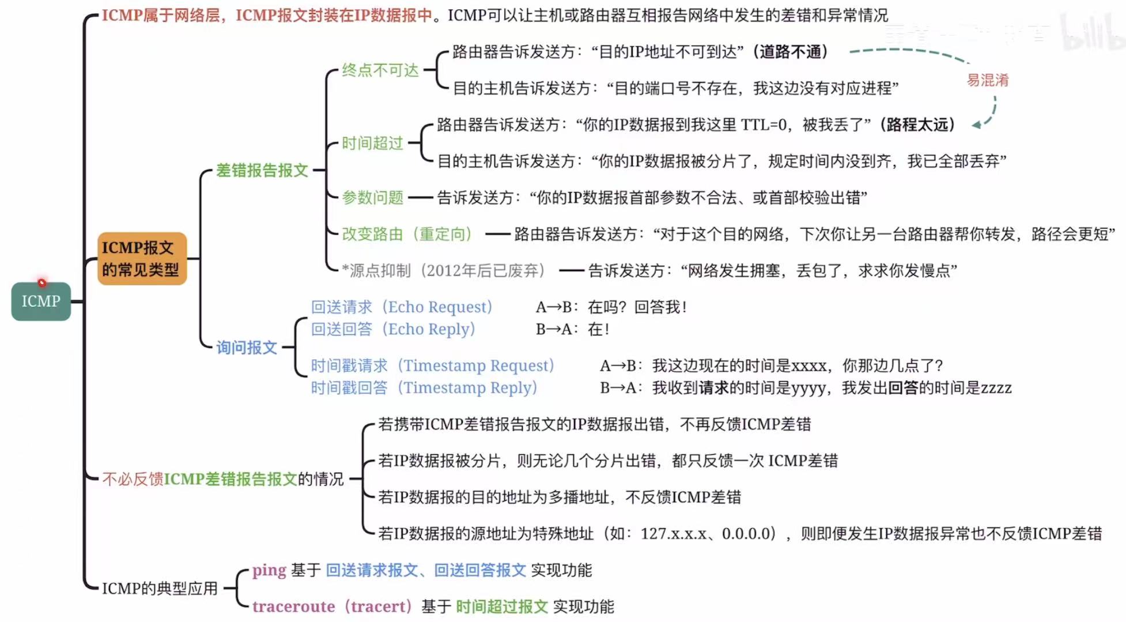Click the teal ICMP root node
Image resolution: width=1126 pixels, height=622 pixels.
click(41, 301)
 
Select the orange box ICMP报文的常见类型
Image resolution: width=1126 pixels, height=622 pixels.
click(142, 259)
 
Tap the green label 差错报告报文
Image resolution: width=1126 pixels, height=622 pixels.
click(262, 171)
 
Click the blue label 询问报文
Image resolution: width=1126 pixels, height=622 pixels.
click(247, 348)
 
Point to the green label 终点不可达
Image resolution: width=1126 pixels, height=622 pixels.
click(380, 70)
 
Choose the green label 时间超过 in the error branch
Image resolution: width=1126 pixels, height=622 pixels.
click(372, 143)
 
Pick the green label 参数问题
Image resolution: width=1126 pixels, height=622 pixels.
click(372, 198)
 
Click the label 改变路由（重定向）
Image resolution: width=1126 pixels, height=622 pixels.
click(407, 234)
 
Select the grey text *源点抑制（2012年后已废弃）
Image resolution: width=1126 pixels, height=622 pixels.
click(443, 270)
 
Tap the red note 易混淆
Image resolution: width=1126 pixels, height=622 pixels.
click(987, 80)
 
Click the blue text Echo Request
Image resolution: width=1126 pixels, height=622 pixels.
click(440, 307)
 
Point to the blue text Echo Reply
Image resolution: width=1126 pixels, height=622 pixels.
click(432, 329)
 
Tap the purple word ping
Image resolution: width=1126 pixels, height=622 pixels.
click(269, 570)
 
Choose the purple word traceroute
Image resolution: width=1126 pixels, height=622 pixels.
click(293, 606)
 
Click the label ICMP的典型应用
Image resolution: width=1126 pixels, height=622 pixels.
click(160, 589)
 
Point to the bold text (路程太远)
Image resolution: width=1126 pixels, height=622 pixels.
click(917, 125)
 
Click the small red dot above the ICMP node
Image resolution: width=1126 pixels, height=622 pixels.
click(42, 282)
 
